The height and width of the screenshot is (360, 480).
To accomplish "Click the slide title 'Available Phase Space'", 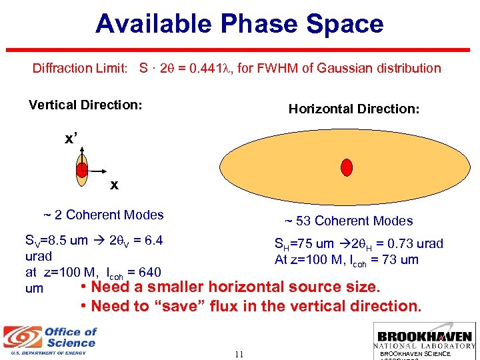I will coord(239,24).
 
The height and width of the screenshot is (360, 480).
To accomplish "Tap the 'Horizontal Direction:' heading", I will coord(354,109).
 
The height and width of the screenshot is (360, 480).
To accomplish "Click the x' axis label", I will coord(71,139).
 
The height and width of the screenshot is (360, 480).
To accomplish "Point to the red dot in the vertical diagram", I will coord(81,171).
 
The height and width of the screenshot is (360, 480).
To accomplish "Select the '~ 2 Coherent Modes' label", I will coord(103,215).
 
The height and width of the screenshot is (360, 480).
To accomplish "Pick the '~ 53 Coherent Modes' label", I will coord(349,221).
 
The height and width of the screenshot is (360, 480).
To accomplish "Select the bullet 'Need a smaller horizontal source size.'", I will coord(229,287).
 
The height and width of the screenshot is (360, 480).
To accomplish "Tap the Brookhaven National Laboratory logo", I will coord(424,340).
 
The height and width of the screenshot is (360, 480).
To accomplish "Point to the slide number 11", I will coord(239,354).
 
